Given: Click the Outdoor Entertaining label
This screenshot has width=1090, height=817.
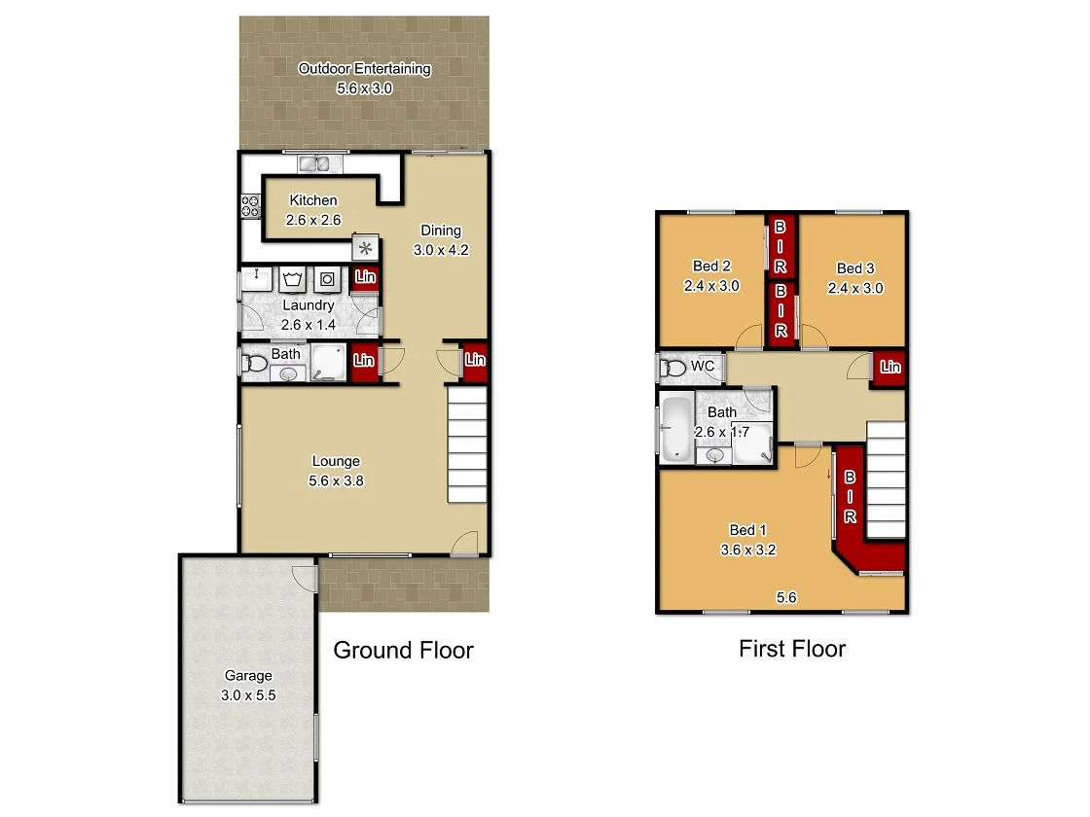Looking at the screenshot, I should click(364, 69).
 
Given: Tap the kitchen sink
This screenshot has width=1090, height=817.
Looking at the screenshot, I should click(315, 163).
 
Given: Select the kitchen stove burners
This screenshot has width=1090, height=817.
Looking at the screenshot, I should click(250, 205).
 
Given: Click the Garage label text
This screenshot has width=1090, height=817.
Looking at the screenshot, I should click(248, 675).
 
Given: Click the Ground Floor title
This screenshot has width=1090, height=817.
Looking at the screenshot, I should click(403, 650).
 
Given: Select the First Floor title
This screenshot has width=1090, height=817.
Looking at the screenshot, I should click(792, 648).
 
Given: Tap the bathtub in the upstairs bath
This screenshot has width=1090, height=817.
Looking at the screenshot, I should click(675, 428).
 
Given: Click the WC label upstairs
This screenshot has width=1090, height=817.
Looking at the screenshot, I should click(703, 366).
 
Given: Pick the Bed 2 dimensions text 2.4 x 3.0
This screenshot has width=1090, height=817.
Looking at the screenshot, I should click(710, 286).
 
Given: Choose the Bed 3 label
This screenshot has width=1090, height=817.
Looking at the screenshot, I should click(854, 268).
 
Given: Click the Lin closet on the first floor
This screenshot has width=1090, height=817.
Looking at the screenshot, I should click(890, 368).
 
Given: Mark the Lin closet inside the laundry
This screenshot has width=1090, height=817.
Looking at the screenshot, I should click(365, 278).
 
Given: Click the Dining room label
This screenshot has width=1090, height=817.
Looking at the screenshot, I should click(440, 231).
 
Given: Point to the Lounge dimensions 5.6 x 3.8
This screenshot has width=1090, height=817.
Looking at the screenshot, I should click(336, 480).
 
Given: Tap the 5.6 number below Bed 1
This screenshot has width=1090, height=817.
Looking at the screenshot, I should click(786, 598).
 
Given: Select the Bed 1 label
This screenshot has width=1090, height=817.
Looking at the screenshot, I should click(748, 530).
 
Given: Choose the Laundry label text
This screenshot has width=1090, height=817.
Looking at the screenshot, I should click(308, 305).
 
